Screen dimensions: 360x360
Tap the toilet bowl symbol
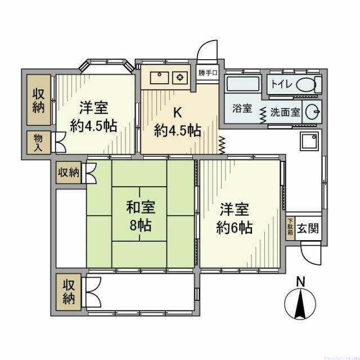click(307, 85)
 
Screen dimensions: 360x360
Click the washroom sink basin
click(312, 111)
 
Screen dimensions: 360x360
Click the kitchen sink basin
click(158, 77)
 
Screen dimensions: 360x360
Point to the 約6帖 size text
click(235, 228)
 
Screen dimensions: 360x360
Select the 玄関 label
click(307, 229)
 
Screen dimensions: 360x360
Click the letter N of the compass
click(301, 281)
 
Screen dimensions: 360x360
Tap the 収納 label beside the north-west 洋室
click(38, 99)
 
